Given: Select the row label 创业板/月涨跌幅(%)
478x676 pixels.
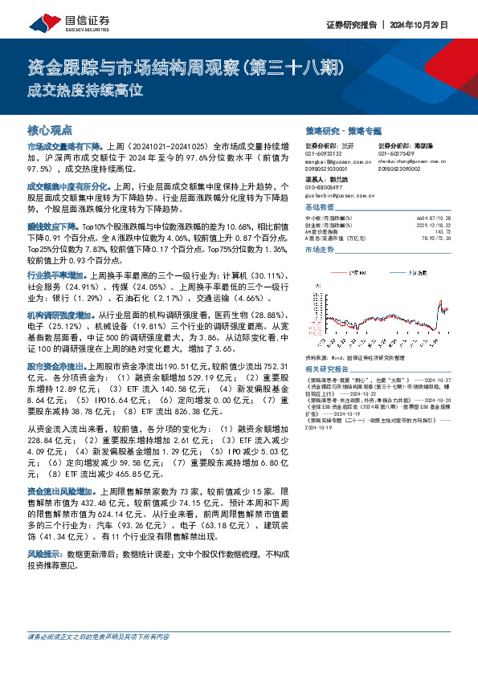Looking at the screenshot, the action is (x=329, y=224).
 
